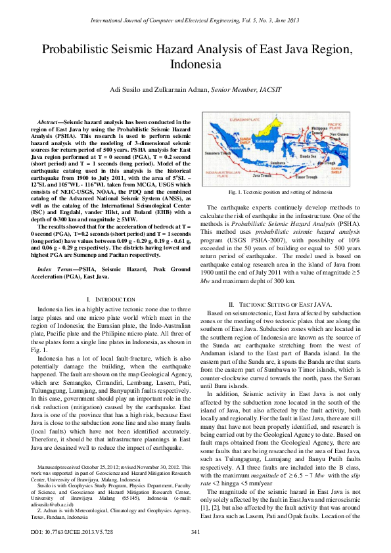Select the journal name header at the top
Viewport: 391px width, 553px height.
195,20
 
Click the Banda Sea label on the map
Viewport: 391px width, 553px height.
308,157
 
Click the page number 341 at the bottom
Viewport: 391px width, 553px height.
195,531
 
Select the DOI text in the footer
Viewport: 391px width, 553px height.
72,531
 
